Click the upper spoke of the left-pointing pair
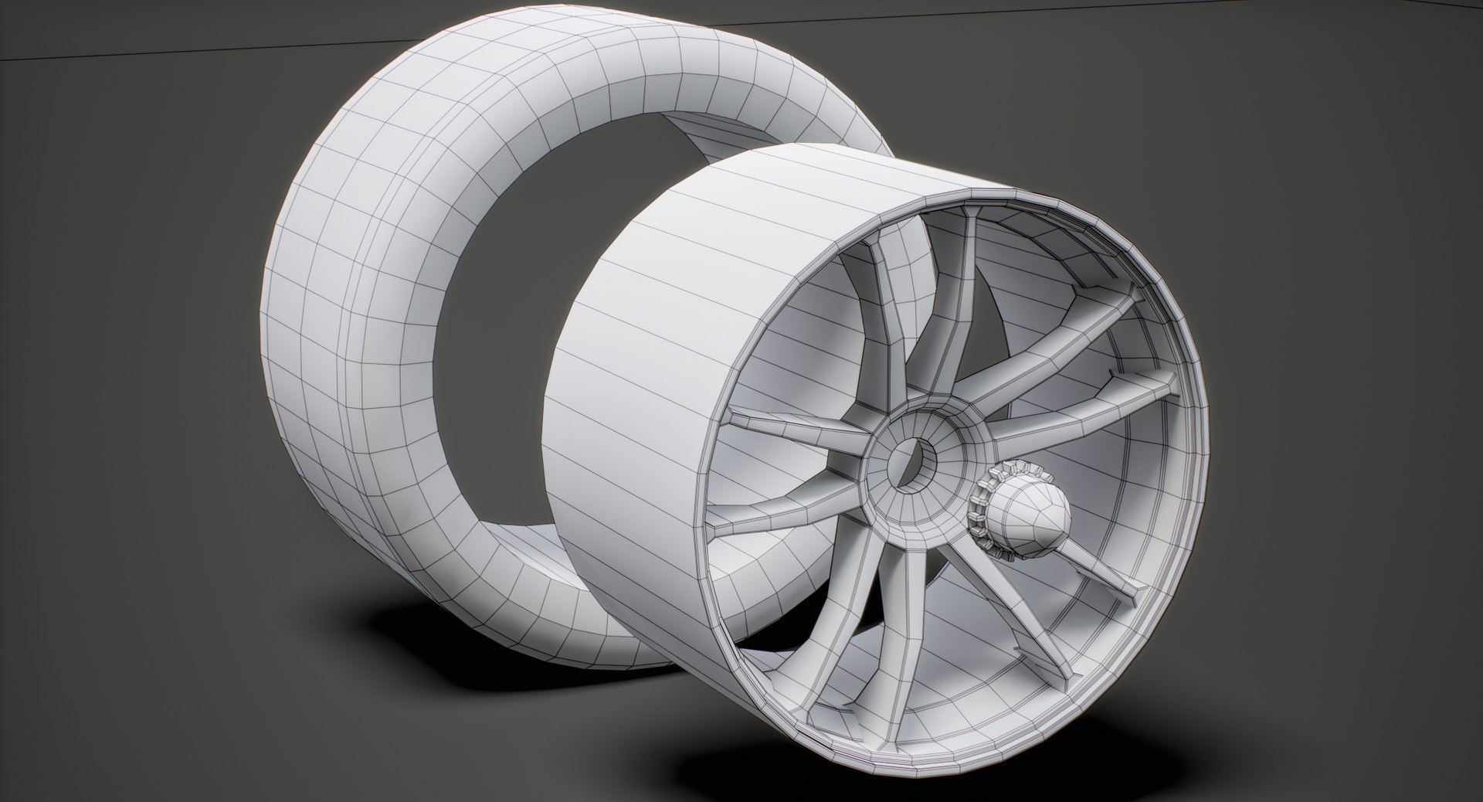click(x=796, y=430)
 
